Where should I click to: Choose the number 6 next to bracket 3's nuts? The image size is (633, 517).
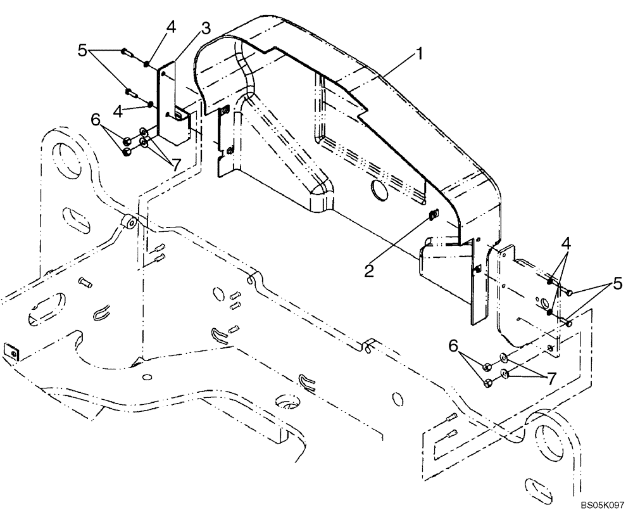95,118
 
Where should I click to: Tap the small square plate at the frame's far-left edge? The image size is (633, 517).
10,350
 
